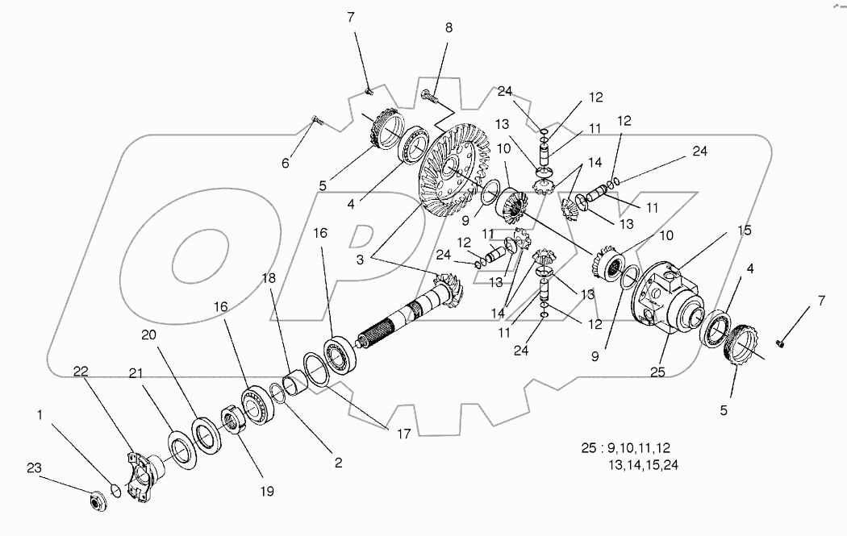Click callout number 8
449,27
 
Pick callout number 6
284,164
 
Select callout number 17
403,434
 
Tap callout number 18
268,277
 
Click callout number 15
745,231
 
